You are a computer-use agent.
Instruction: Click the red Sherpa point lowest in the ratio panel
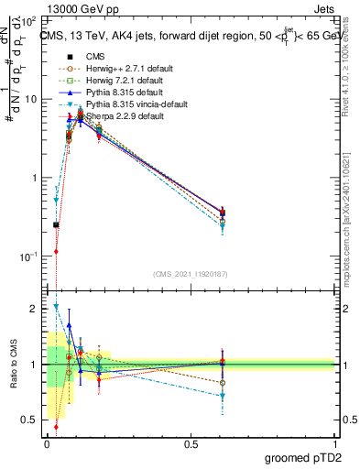click(x=56, y=426)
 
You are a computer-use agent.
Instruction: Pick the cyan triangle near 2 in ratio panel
click(x=56, y=307)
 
